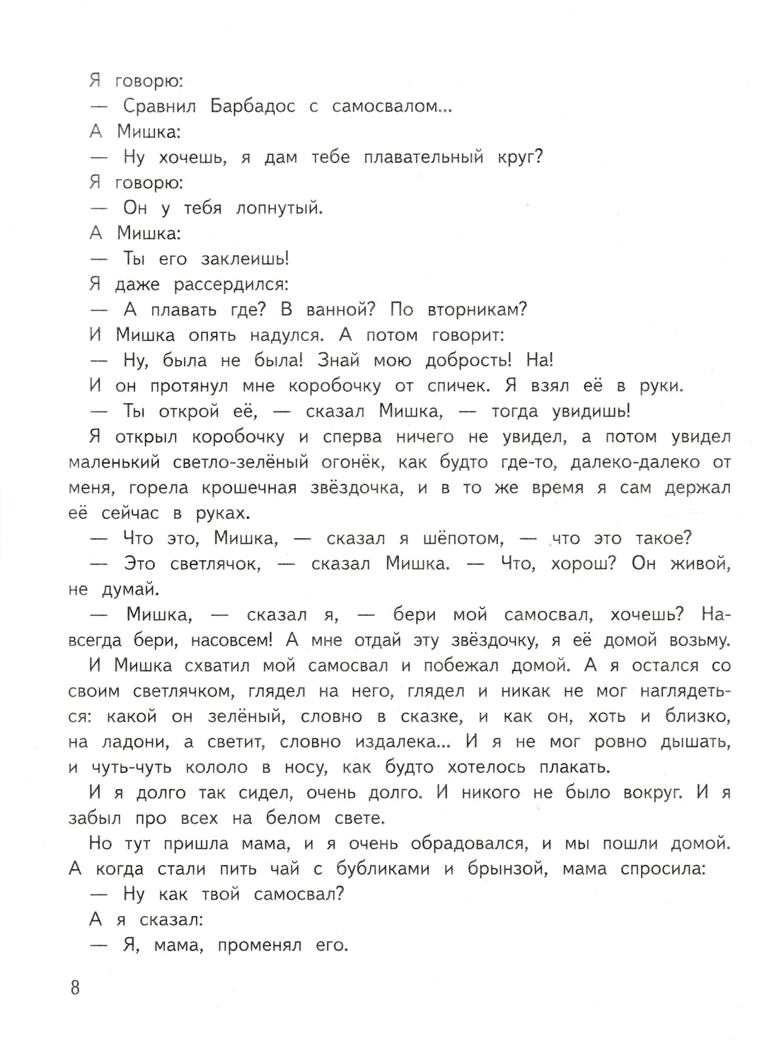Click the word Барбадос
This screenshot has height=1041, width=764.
253,106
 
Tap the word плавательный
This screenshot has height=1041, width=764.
423,157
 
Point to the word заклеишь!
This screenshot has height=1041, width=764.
245,259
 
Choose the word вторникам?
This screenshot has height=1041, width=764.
477,310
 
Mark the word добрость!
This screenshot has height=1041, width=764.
468,361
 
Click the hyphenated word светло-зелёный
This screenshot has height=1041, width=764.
241,463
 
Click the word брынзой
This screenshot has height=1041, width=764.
507,869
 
